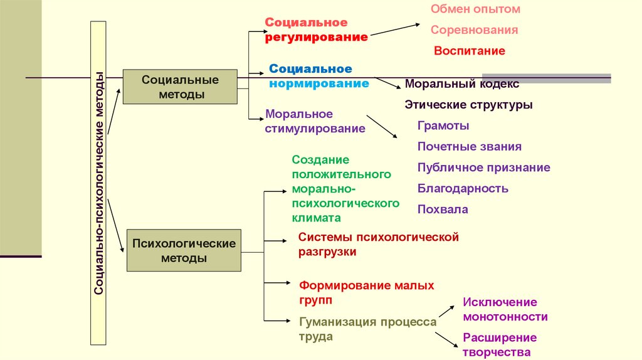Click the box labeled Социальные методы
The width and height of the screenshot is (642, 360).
click(180, 87)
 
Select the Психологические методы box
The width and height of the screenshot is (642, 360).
click(184, 250)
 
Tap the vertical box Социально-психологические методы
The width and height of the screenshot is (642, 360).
click(99, 183)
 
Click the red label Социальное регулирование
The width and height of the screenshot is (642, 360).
click(315, 30)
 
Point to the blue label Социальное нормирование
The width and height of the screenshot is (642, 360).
click(318, 76)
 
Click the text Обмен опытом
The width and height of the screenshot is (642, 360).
click(475, 9)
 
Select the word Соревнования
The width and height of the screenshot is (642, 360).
click(474, 30)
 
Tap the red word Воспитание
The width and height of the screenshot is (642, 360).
click(469, 51)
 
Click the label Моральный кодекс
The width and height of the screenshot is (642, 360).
click(462, 83)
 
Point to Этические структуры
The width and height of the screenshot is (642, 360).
click(468, 105)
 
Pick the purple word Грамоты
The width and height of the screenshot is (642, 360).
click(443, 125)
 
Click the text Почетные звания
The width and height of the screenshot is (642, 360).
click(469, 147)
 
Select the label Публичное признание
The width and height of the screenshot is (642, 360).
click(483, 167)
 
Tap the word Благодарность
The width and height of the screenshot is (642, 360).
click(463, 188)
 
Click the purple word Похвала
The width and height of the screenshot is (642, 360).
click(443, 209)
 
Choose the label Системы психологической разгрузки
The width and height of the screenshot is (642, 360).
click(379, 245)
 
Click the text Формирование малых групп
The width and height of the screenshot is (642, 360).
click(366, 292)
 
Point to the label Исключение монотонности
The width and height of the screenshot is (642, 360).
click(505, 310)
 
